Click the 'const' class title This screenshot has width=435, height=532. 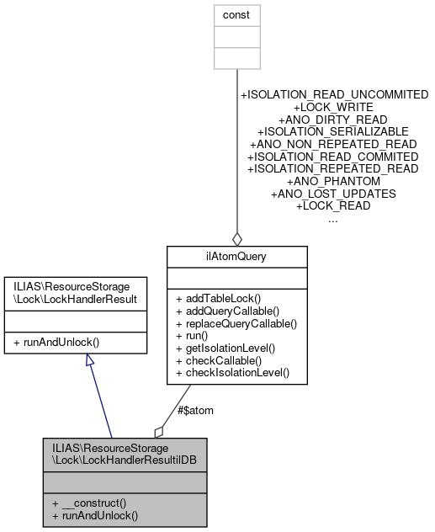(x=236, y=15)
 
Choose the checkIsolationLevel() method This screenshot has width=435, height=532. (x=231, y=371)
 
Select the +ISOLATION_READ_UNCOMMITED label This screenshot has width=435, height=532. (x=334, y=94)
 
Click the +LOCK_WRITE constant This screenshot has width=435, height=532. (x=334, y=107)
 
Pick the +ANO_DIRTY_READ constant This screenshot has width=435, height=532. (x=334, y=120)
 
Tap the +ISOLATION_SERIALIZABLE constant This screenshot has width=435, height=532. (x=334, y=132)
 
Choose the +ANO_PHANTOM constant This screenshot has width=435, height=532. (x=334, y=181)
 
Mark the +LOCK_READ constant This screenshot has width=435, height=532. (x=334, y=205)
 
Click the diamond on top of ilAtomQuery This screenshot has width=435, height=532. (x=236, y=237)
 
